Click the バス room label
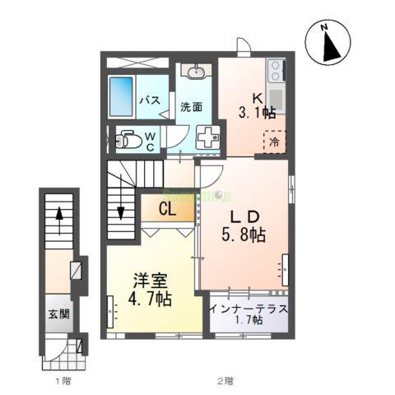coord(149,100)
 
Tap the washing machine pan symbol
coord(208,137)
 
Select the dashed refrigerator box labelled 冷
coord(274,141)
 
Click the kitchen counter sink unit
coord(276,86)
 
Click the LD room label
coord(244,217)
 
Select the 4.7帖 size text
coord(150,300)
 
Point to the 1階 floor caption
coord(60,381)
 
